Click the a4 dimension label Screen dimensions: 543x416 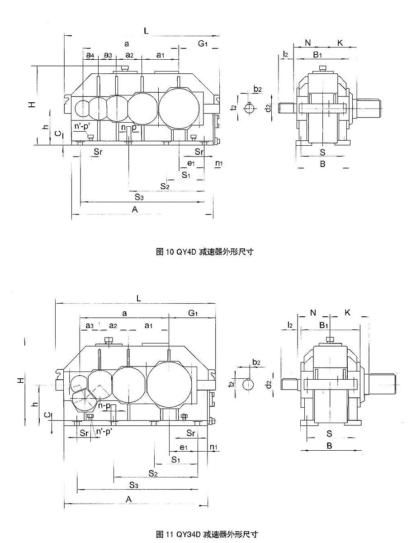click(x=90, y=55)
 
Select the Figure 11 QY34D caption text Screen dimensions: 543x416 click(x=208, y=534)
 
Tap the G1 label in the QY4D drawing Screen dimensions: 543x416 click(x=203, y=43)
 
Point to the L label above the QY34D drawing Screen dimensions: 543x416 click(x=139, y=298)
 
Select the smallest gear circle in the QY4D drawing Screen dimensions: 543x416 click(x=83, y=108)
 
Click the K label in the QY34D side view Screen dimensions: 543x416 click(x=347, y=312)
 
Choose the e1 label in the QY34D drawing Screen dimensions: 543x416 click(x=184, y=447)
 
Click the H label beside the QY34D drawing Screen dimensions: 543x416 click(x=21, y=381)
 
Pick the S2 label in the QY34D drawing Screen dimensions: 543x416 click(x=153, y=473)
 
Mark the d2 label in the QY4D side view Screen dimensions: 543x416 click(x=268, y=108)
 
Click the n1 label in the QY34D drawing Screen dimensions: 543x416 click(x=214, y=447)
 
